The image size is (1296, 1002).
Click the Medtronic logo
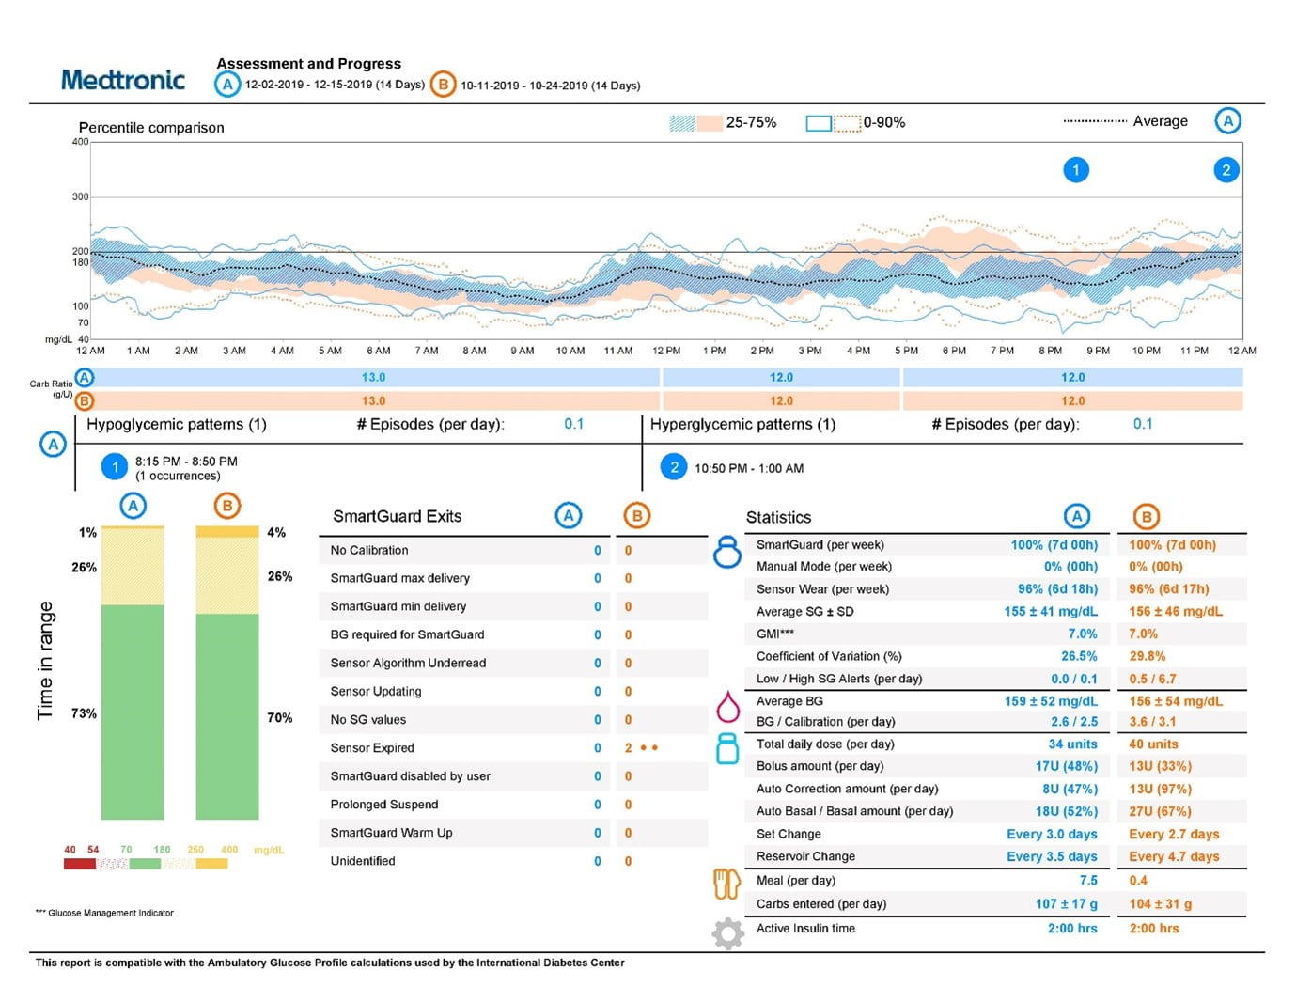click(x=123, y=80)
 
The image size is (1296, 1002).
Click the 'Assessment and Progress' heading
click(x=308, y=64)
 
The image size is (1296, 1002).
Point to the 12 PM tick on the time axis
click(x=666, y=351)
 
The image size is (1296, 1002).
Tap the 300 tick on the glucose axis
click(x=81, y=197)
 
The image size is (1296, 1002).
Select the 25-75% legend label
click(x=751, y=122)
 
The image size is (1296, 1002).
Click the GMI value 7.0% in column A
click(x=1082, y=634)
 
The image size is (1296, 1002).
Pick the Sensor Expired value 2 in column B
click(x=629, y=748)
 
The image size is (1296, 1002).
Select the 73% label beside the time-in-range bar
click(x=84, y=713)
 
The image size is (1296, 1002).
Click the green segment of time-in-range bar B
click(x=227, y=716)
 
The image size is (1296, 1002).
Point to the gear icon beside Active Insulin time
click(x=727, y=933)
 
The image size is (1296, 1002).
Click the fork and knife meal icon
click(x=727, y=884)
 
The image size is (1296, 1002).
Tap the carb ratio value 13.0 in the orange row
click(x=373, y=401)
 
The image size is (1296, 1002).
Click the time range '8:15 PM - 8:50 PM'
click(x=186, y=462)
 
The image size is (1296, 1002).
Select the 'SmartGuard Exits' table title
click(x=397, y=517)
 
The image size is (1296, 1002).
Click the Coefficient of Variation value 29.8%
click(x=1147, y=657)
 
